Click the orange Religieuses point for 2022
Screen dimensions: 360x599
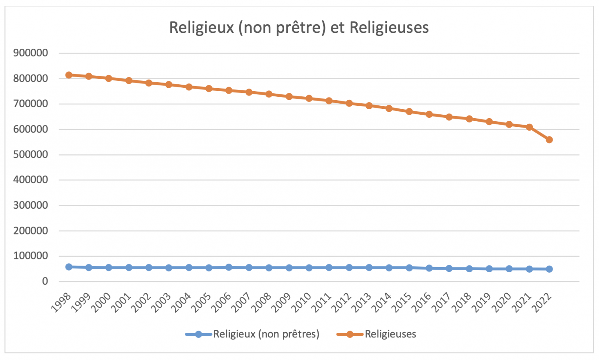coord(549,140)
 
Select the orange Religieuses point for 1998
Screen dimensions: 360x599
coord(69,75)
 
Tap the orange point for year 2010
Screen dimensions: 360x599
coord(309,98)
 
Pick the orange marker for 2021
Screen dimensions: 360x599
coord(529,127)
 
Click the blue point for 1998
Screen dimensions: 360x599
coord(69,267)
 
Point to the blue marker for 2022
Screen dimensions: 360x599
coord(549,269)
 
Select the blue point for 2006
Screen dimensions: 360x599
coord(229,267)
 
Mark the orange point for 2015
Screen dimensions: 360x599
coord(409,112)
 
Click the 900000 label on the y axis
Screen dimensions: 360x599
coord(30,53)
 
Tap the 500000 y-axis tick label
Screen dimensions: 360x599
coord(30,154)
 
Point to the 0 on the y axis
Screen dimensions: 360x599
coord(45,281)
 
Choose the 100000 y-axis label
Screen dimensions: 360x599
coord(30,256)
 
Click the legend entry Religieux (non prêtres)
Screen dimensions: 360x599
coord(266,334)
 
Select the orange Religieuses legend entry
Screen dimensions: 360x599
coord(390,334)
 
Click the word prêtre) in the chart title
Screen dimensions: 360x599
coord(301,28)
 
